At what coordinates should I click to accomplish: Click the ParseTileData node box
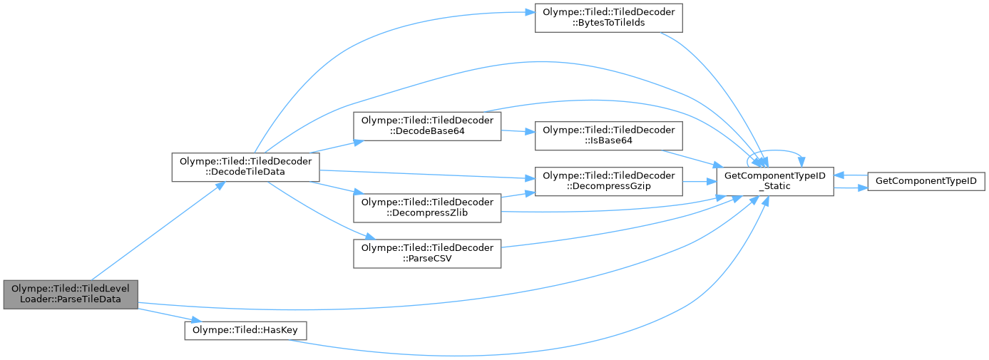coord(70,294)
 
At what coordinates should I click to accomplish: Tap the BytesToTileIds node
coord(608,18)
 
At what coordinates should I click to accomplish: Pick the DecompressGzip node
coord(609,182)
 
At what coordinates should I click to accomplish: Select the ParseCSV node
coord(427,254)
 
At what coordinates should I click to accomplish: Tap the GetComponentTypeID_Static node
coord(774,182)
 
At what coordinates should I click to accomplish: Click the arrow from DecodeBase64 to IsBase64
coord(519,132)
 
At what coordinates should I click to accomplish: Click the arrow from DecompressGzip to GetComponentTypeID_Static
coord(699,182)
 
